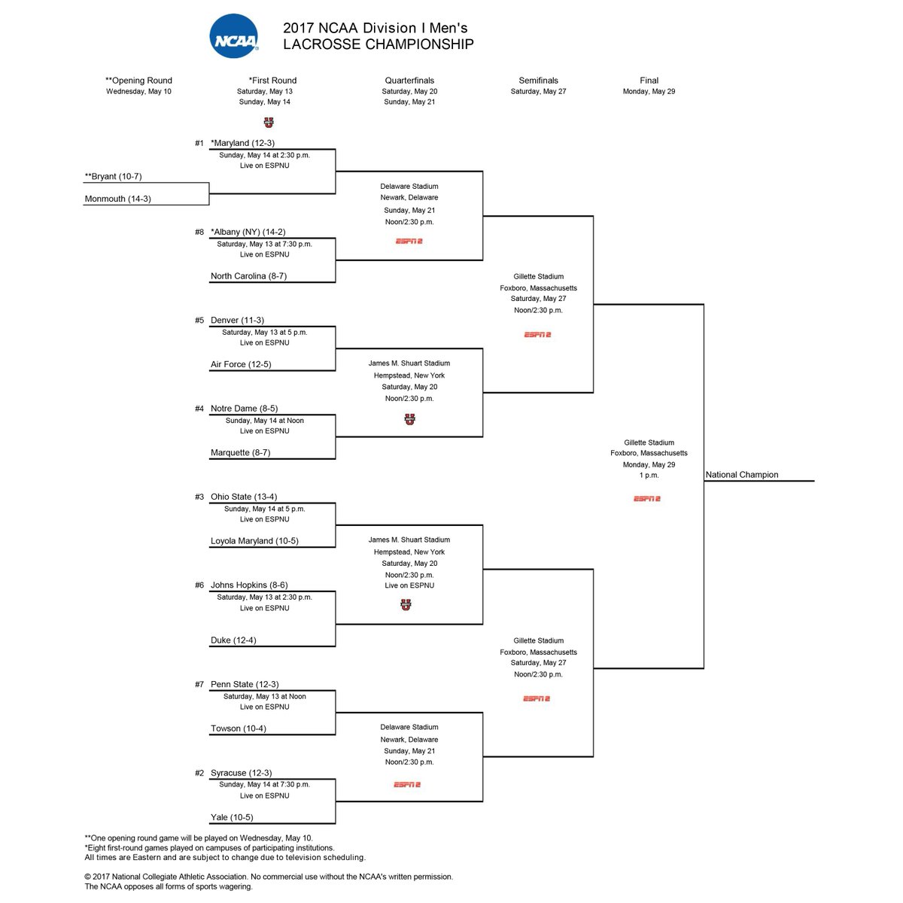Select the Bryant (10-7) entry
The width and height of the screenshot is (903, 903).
click(114, 177)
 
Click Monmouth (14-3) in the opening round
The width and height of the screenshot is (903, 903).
click(117, 199)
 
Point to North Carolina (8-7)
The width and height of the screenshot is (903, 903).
click(248, 276)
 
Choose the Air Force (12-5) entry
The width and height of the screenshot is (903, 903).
click(241, 364)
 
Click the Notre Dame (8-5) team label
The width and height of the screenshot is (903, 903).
click(244, 409)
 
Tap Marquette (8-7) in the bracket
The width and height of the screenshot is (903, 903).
click(240, 453)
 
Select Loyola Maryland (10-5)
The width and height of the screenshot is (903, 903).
click(254, 541)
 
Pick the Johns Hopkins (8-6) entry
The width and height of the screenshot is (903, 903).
click(249, 585)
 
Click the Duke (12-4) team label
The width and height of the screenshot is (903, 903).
click(233, 640)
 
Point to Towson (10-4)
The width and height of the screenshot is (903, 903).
click(239, 728)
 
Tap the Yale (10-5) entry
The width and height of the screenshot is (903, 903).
click(232, 817)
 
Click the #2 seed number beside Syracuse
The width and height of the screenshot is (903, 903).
click(199, 774)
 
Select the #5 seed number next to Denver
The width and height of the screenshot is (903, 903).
click(199, 321)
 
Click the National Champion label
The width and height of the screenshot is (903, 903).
click(742, 475)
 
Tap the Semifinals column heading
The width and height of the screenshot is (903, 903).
click(538, 81)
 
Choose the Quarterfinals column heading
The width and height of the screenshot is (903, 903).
click(409, 81)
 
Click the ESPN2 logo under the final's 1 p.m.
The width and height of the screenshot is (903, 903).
click(646, 499)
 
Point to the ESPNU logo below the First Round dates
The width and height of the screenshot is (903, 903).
click(268, 123)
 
